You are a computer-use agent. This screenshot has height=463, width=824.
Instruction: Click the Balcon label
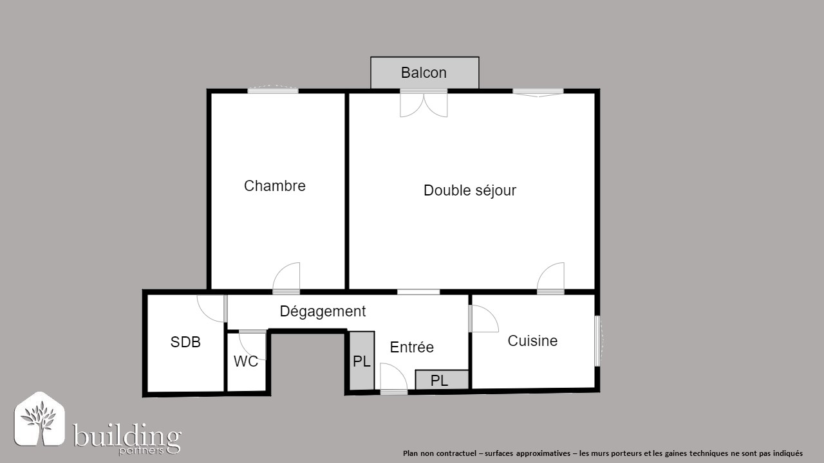pos(424,73)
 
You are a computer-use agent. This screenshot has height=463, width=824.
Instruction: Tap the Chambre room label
pos(274,186)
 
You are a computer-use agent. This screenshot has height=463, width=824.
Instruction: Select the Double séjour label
pos(470,190)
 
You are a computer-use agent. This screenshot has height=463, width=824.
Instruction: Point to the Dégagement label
pos(323,311)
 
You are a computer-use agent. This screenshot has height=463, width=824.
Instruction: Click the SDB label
pos(185,342)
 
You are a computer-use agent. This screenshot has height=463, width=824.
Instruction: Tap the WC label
pos(246,361)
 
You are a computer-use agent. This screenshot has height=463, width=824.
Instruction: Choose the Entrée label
pos(411,347)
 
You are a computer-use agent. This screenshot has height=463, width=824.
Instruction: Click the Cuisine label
pos(532,341)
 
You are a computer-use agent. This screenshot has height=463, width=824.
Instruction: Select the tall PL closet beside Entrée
pos(362,361)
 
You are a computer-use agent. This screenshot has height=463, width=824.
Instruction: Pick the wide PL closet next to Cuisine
pos(442,379)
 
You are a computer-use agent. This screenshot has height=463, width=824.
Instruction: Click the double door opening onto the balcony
pos(424,104)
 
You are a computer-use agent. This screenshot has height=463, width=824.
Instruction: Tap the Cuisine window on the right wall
pos(598,341)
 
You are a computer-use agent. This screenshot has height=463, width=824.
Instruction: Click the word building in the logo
pos(127,436)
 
